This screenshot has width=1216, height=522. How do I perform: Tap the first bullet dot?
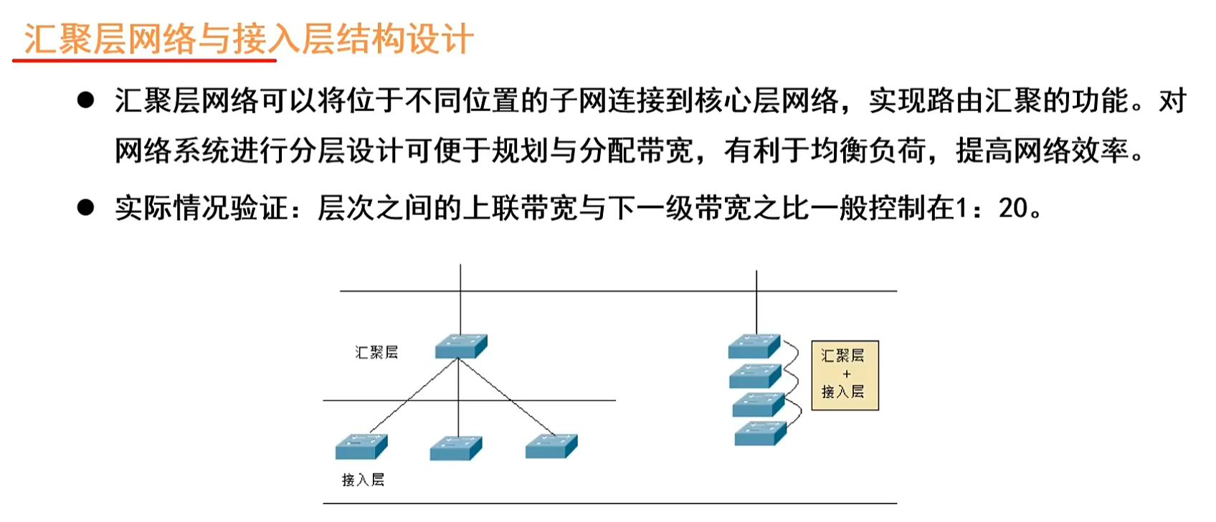pos(86,100)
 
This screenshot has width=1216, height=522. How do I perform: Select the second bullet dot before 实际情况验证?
pos(86,208)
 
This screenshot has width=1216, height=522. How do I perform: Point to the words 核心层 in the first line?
pos(737,101)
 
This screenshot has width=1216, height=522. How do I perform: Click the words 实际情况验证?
pos(201,209)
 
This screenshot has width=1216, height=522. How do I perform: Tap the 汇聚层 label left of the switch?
pos(376,352)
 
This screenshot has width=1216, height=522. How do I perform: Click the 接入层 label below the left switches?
pos(363,480)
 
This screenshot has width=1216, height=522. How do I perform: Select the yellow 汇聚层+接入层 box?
pos(845,375)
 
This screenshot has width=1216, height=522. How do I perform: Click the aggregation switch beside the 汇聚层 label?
pos(461,346)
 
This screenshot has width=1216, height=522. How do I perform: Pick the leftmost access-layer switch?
pos(361,447)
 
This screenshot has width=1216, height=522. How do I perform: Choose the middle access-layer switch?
pos(456,448)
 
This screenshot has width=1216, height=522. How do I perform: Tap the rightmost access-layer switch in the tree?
pos(551,446)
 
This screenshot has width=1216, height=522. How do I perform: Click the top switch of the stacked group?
pos(754,346)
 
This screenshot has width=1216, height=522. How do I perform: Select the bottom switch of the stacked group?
pos(760,434)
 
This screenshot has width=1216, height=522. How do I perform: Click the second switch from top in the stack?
pos(755,376)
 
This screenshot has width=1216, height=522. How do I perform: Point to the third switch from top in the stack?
pos(758,405)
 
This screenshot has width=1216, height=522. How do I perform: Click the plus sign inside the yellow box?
pos(846,374)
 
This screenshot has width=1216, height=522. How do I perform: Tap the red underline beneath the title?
pos(144,61)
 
